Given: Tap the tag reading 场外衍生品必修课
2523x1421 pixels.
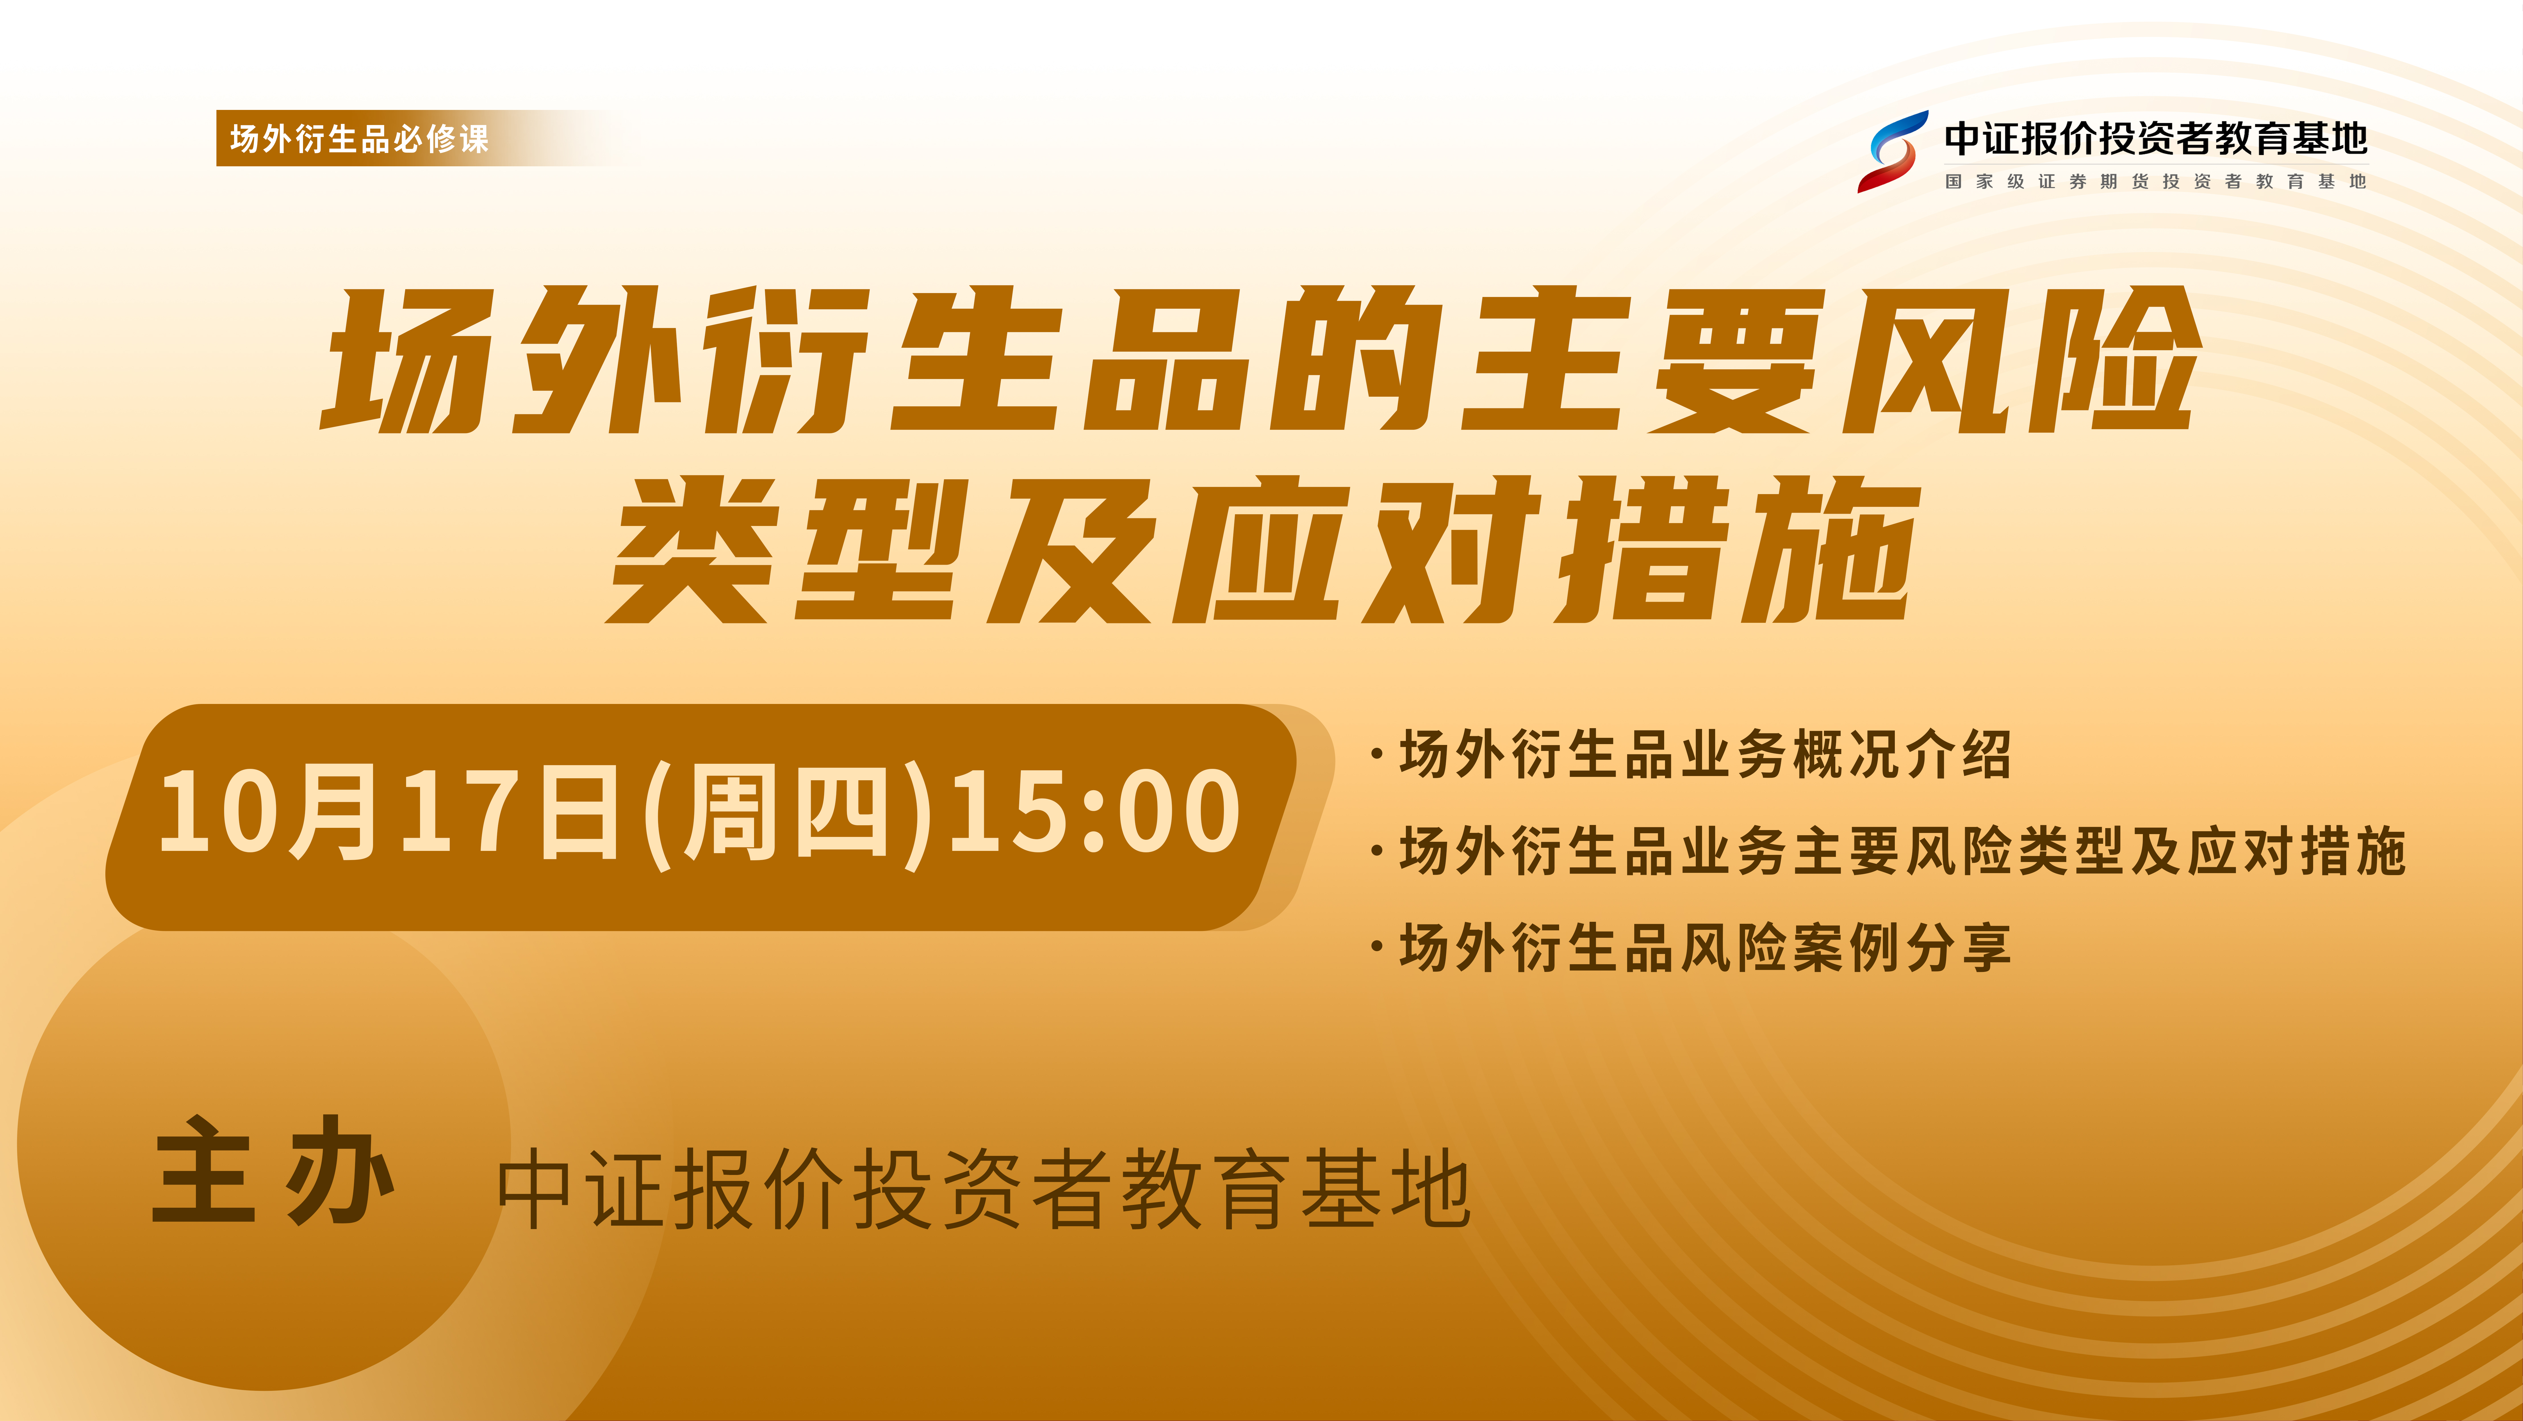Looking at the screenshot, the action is click(359, 138).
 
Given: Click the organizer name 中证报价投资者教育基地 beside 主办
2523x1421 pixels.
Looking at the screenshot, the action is click(984, 1190).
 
